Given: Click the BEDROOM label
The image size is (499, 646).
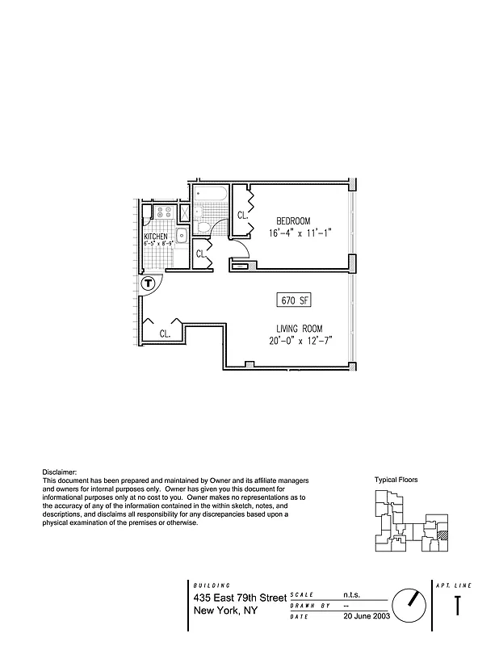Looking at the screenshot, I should click(x=293, y=221).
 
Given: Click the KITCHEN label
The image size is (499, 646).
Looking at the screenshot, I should click(x=155, y=237).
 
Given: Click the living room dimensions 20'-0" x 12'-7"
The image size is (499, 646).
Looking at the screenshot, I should click(x=302, y=341).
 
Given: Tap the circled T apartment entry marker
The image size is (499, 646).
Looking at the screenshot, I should click(x=148, y=283).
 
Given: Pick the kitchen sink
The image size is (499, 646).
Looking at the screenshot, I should click(x=182, y=236).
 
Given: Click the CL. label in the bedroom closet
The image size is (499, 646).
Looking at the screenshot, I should click(x=241, y=215).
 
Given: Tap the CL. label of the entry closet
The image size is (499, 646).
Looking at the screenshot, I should click(x=165, y=333).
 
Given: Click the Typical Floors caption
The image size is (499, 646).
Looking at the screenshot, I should click(x=396, y=480).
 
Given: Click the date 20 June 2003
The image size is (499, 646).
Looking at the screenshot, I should click(x=368, y=616).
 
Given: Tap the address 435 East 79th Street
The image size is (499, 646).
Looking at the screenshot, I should click(x=240, y=598).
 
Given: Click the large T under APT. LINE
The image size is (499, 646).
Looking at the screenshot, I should click(x=458, y=606).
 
